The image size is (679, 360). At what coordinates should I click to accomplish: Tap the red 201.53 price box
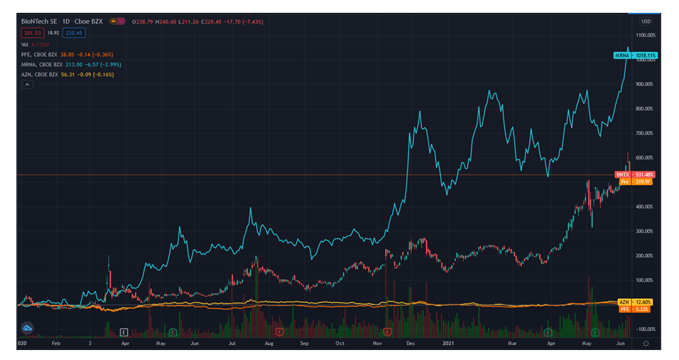click(31, 32)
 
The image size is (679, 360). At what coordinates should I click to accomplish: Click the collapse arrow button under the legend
click(26, 84)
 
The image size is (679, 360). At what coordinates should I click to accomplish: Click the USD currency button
click(646, 21)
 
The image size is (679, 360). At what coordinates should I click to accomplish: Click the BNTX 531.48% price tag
click(634, 175)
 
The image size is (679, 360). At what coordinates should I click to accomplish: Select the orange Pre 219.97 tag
click(634, 182)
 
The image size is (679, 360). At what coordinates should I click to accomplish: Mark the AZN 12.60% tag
click(634, 302)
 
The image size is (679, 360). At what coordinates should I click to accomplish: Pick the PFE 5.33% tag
click(634, 309)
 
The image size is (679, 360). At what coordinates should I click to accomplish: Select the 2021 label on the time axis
click(448, 343)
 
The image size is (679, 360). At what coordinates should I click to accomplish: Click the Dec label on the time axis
click(410, 343)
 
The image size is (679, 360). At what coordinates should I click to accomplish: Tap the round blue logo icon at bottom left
click(28, 328)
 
